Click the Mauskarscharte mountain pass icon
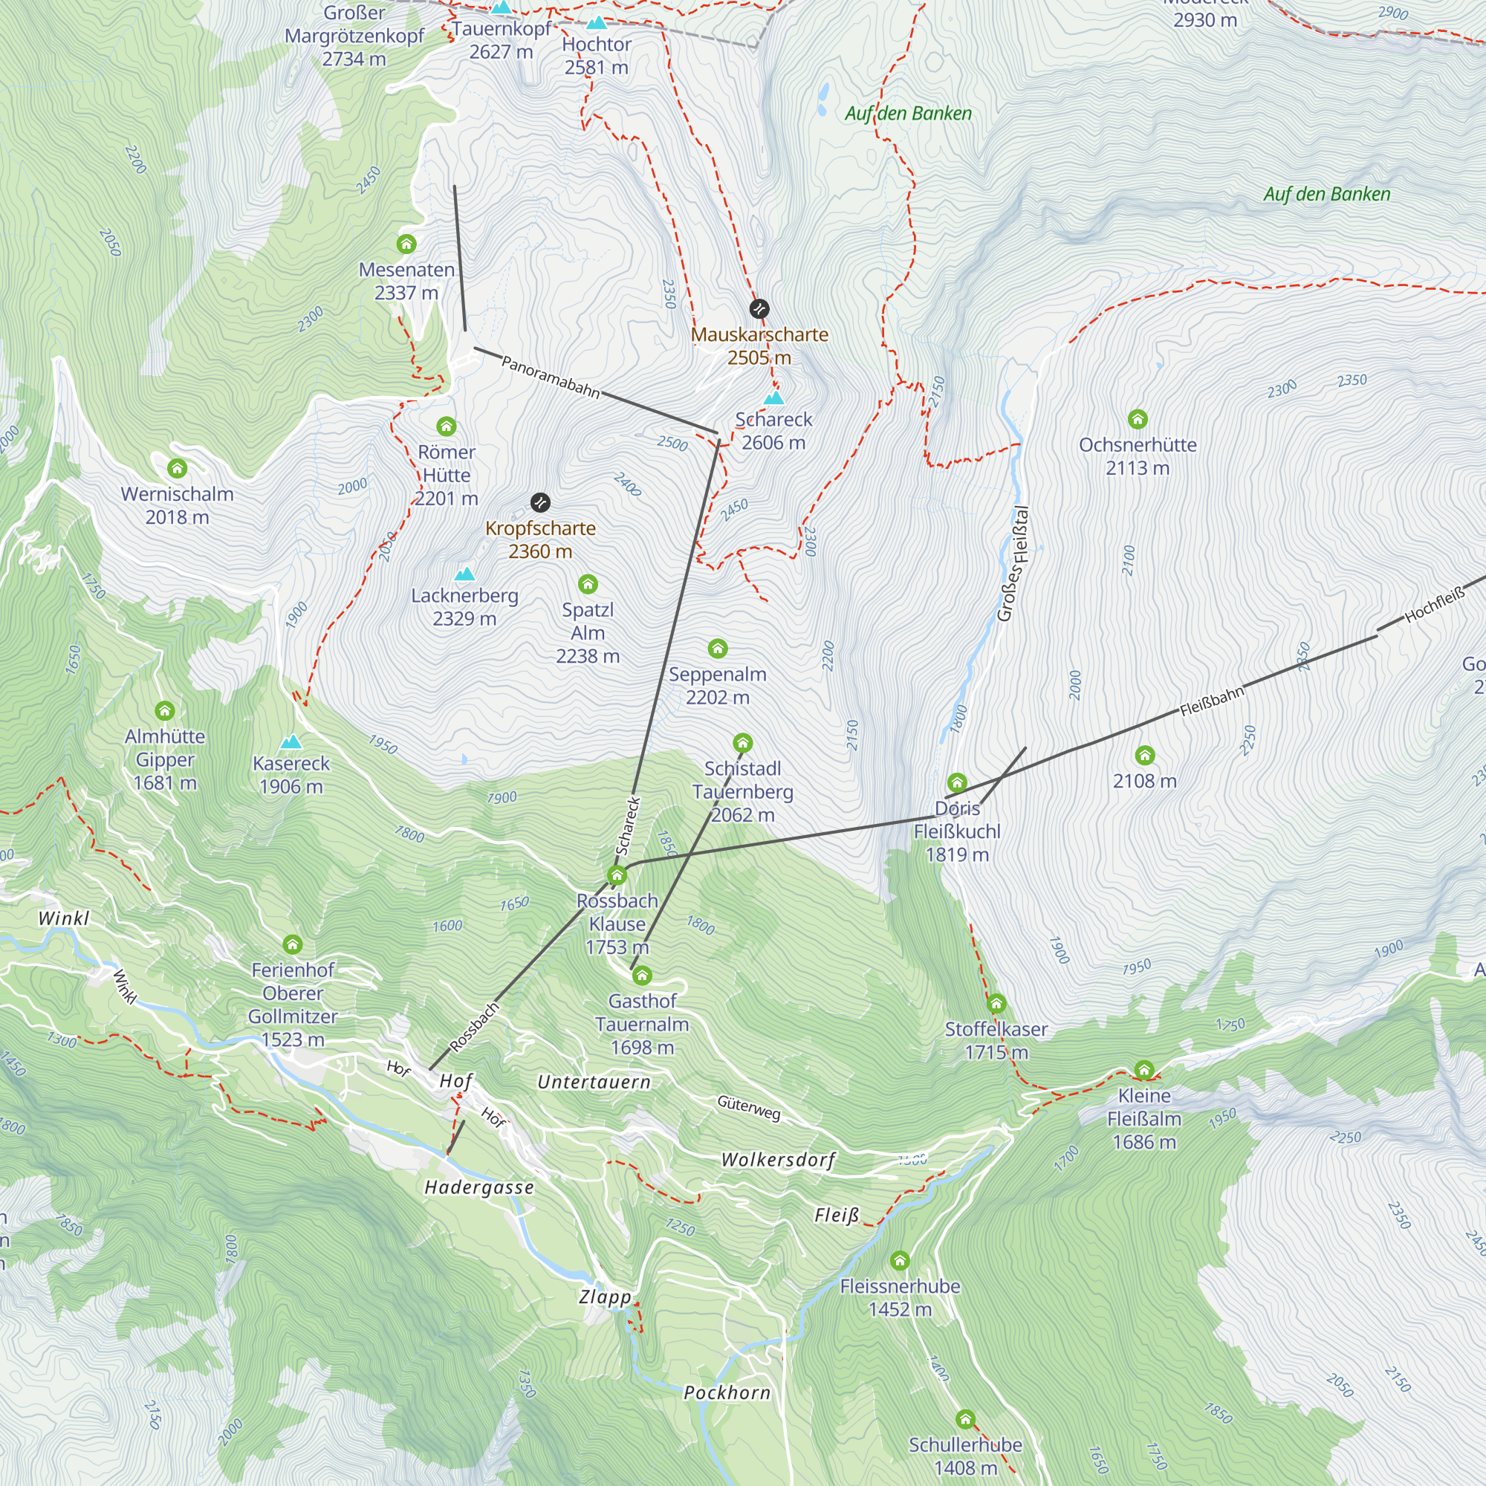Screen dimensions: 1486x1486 click(x=759, y=309)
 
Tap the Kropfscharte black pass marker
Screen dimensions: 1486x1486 click(x=541, y=503)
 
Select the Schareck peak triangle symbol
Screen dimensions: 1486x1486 click(x=773, y=398)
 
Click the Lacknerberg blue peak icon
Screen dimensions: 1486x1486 click(x=464, y=574)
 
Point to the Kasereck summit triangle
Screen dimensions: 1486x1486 click(x=291, y=742)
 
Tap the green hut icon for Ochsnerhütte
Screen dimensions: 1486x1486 click(x=1138, y=419)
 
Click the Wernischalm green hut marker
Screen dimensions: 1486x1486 click(x=178, y=468)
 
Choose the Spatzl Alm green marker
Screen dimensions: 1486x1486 click(x=588, y=585)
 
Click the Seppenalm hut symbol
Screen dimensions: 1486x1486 click(x=718, y=649)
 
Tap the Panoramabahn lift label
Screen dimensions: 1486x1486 click(x=551, y=377)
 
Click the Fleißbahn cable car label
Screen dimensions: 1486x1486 click(x=1212, y=701)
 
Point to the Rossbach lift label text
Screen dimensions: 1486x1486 click(x=475, y=1027)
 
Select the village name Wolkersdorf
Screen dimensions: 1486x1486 click(x=778, y=1160)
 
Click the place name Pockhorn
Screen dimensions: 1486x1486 click(x=727, y=1393)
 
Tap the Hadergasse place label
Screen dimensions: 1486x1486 click(x=479, y=1187)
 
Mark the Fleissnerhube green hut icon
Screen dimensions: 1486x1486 click(x=900, y=1261)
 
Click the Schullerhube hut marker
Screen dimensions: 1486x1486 click(x=966, y=1419)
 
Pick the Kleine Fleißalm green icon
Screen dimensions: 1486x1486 click(x=1144, y=1070)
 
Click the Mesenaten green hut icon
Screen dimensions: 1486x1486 click(x=407, y=244)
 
